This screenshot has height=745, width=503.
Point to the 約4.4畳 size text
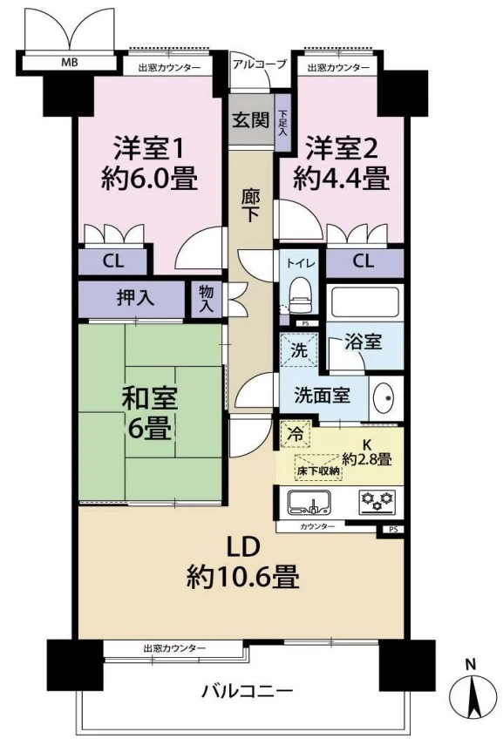click(341, 179)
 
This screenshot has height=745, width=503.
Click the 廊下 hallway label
click(251, 204)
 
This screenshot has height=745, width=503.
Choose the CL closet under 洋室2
click(364, 261)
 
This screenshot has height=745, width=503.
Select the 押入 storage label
click(136, 298)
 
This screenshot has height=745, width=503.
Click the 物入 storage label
click(206, 299)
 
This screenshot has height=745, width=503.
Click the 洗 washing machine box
click(298, 353)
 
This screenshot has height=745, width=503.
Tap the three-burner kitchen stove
click(377, 501)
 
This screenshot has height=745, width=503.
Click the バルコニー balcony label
click(248, 691)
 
